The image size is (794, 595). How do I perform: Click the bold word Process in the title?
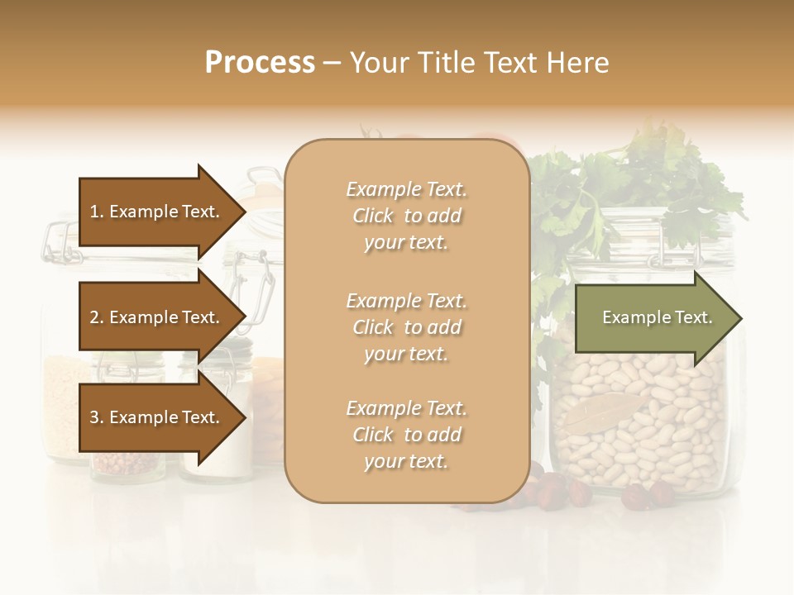click(x=260, y=63)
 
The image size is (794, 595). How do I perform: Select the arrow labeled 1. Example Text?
click(x=157, y=212)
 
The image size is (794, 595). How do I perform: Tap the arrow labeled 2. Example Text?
click(x=157, y=317)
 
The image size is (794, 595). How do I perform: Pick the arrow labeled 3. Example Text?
click(x=157, y=417)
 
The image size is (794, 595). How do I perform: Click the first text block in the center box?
click(x=406, y=216)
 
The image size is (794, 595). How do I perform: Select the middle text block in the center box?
click(x=406, y=326)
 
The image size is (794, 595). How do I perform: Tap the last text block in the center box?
click(x=406, y=435)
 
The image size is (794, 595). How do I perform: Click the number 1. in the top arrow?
click(x=97, y=212)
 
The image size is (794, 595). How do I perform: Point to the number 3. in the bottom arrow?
click(x=97, y=417)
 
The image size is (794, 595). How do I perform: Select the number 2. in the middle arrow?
click(x=97, y=317)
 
